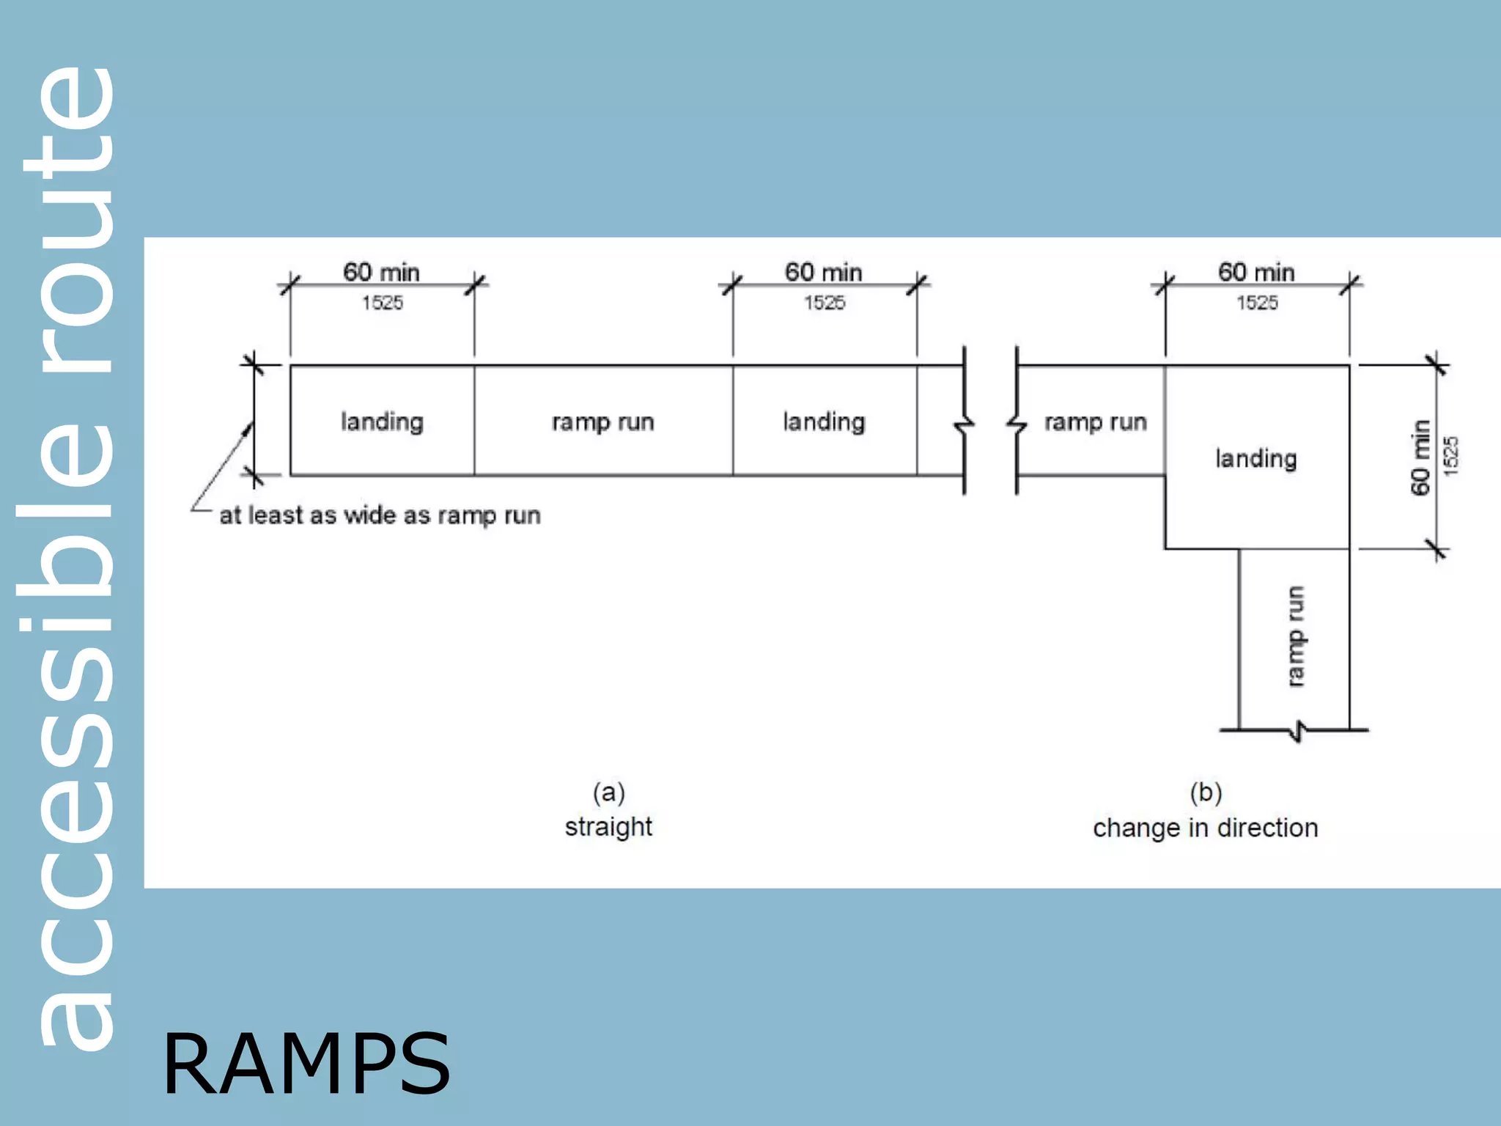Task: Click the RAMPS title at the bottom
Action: click(306, 1064)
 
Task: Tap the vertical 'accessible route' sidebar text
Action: click(70, 557)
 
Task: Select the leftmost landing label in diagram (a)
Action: click(382, 422)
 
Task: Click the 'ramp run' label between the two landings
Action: click(602, 422)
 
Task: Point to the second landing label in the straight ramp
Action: click(824, 422)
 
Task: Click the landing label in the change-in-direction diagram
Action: click(1256, 459)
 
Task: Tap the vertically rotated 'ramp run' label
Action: click(1296, 636)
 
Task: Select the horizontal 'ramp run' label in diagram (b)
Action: click(1095, 422)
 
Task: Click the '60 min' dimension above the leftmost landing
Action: click(381, 273)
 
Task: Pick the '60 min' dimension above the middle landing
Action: click(823, 273)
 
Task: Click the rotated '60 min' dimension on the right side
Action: click(1420, 457)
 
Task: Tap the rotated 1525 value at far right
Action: click(1451, 456)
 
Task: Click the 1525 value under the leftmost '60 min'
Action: click(382, 303)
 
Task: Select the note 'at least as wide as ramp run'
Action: click(380, 515)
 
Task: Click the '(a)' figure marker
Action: click(608, 792)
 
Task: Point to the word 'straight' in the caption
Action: click(608, 827)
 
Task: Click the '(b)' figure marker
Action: click(1206, 792)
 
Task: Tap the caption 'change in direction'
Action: click(1206, 828)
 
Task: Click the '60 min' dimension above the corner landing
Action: click(1256, 273)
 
